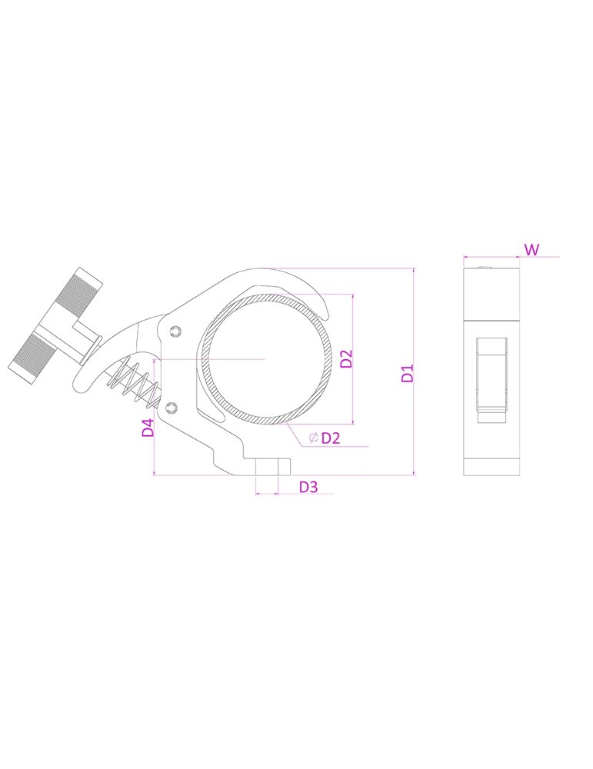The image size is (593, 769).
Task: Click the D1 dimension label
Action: pyautogui.click(x=408, y=373)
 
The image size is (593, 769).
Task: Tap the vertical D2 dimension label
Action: pyautogui.click(x=346, y=358)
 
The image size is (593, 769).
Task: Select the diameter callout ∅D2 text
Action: pyautogui.click(x=325, y=438)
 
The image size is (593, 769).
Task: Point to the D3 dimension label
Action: pyautogui.click(x=308, y=487)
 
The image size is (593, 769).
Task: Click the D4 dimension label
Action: pyautogui.click(x=148, y=427)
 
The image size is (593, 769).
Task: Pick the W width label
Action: pyautogui.click(x=531, y=250)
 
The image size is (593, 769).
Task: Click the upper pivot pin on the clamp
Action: pyautogui.click(x=175, y=332)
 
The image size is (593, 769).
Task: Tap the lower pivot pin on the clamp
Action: pyautogui.click(x=172, y=407)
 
